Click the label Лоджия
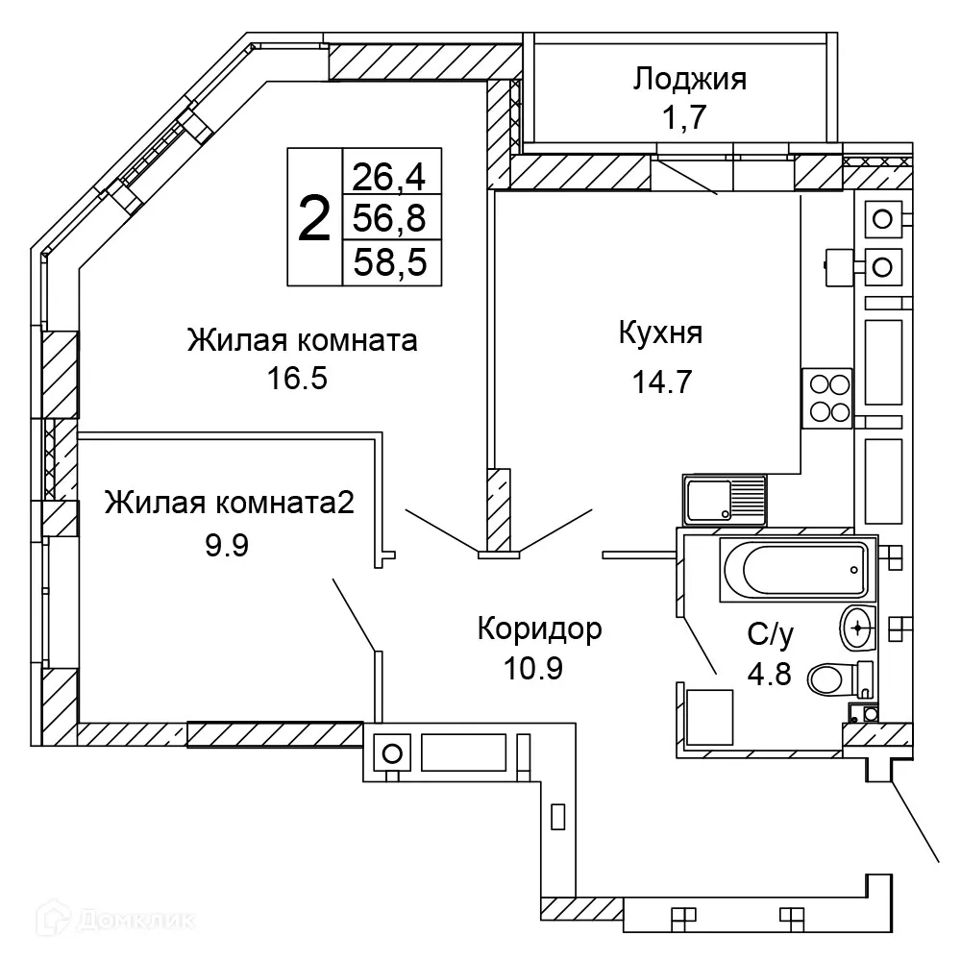(689, 79)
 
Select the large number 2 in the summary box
(314, 218)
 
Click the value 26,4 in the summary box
(391, 176)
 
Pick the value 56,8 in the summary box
(391, 218)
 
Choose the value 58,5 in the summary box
(391, 261)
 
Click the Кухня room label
(660, 333)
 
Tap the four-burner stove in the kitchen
(827, 398)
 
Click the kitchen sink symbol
(724, 500)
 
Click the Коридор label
(540, 628)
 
